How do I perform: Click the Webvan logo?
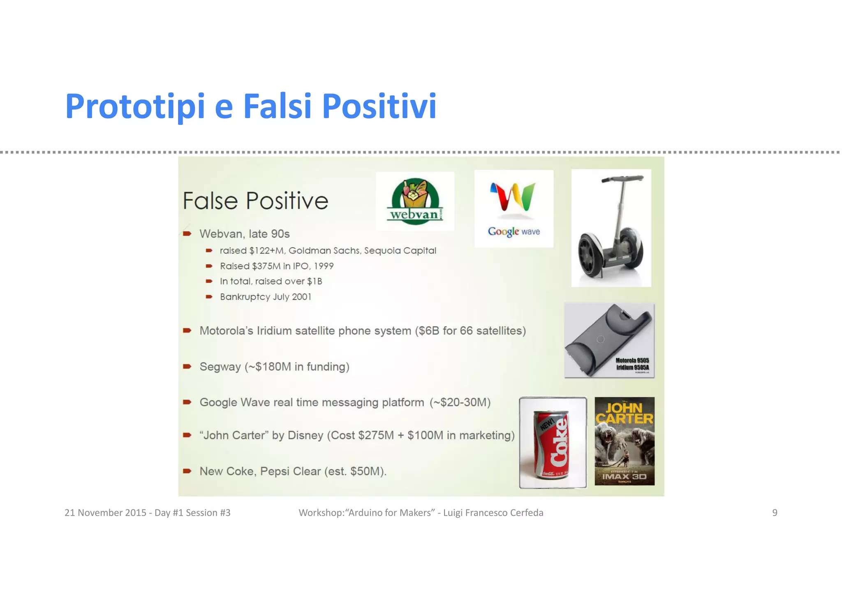coord(415,201)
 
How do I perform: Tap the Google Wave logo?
coord(514,208)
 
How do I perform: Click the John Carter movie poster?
coord(624,441)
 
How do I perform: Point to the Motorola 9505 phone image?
coord(609,340)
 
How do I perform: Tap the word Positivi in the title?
coord(379,106)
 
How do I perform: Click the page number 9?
coord(775,513)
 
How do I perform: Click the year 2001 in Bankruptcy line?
coord(301,297)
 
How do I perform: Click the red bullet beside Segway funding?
coord(187,366)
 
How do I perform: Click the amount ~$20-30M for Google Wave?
coord(460,402)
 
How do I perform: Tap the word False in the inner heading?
coord(210,201)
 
